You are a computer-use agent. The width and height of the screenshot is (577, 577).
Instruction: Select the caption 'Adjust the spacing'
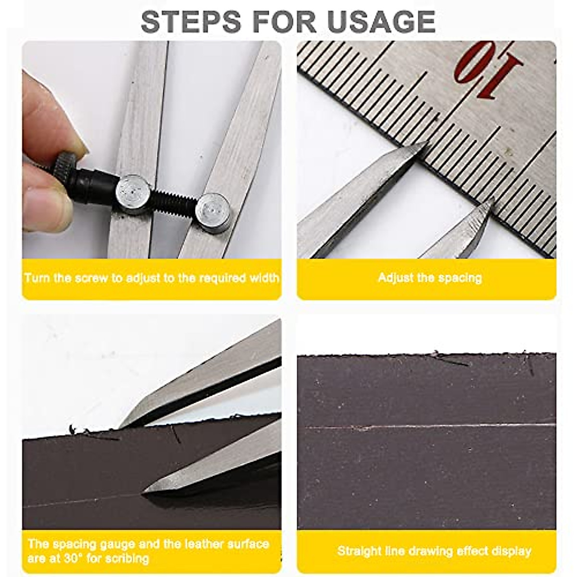[429, 278]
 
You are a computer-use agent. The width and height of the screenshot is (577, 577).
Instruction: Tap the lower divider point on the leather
[144, 491]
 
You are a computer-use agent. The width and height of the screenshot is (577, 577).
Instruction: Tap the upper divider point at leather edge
[122, 425]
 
